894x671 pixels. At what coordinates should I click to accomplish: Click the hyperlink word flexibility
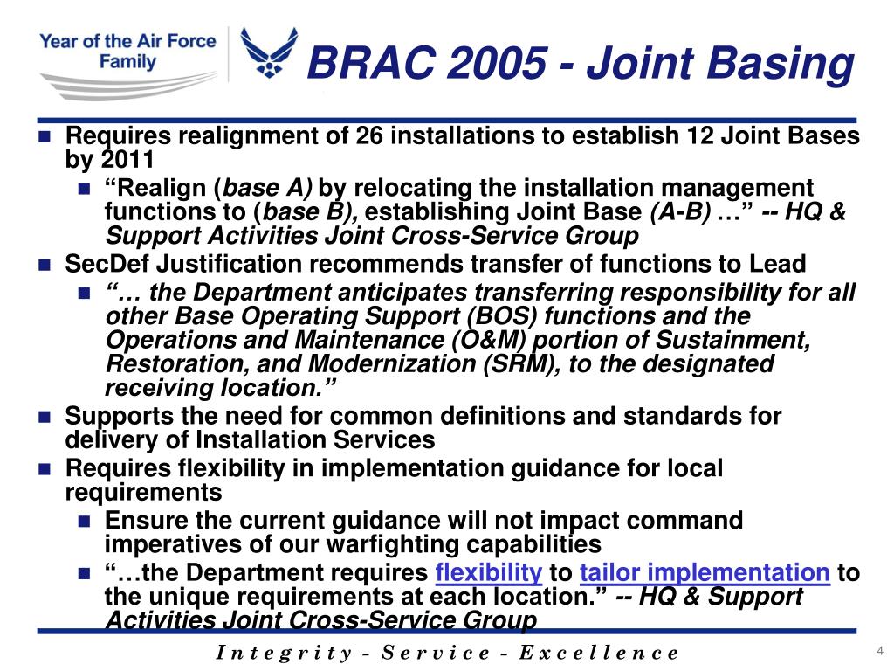click(488, 573)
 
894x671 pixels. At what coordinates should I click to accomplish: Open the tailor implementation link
click(704, 573)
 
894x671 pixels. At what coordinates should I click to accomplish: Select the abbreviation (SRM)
click(520, 363)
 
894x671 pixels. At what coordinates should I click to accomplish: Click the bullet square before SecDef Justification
click(46, 265)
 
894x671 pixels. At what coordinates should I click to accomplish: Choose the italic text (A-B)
click(680, 212)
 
